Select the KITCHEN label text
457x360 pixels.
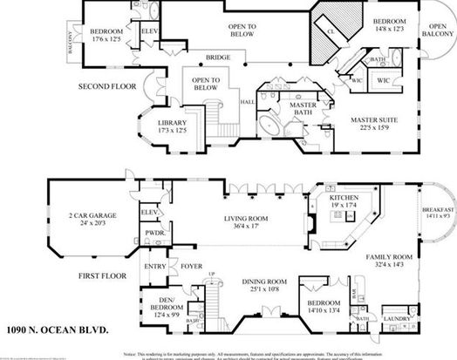pos(344,202)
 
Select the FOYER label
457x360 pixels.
pos(192,266)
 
